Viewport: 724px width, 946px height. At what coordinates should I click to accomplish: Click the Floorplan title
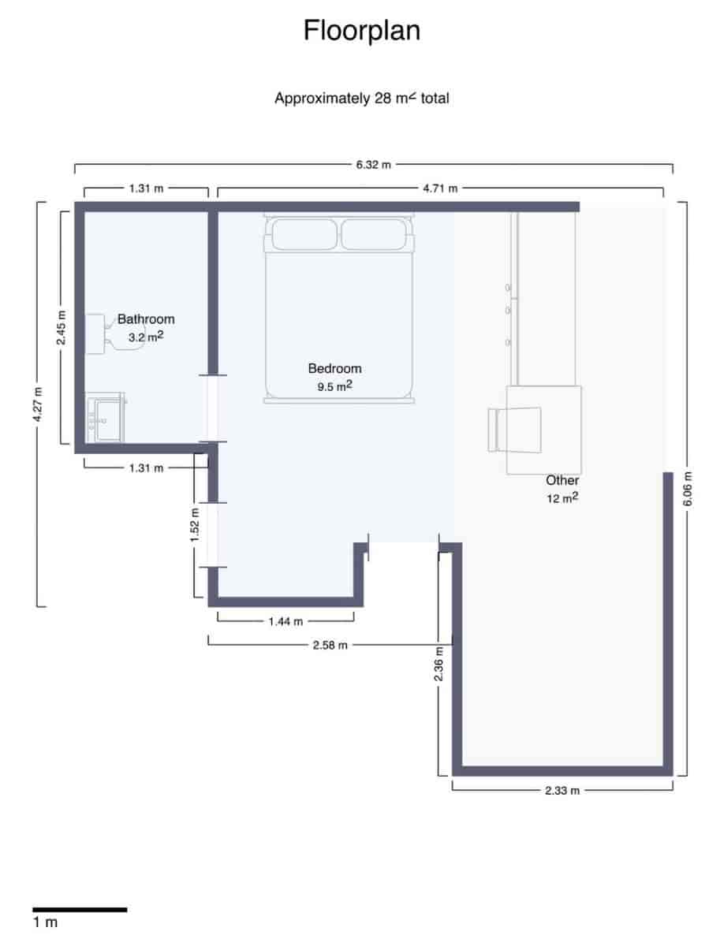362,31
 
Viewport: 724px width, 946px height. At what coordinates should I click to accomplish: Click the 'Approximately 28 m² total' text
362,99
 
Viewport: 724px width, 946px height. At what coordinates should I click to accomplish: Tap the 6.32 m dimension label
373,166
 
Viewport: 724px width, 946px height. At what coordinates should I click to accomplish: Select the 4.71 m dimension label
440,188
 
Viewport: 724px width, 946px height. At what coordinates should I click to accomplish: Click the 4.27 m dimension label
37,404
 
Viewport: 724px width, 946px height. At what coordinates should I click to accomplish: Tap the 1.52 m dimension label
195,524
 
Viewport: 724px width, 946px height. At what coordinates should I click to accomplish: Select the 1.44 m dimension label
285,621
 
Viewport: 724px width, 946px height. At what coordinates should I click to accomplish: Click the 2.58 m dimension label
330,645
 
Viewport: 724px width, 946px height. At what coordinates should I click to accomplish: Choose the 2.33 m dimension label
562,790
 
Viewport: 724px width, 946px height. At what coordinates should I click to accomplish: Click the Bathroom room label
146,319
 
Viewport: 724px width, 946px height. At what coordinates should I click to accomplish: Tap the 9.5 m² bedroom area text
334,386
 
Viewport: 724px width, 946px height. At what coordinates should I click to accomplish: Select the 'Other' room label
562,480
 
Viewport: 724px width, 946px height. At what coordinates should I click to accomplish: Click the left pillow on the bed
304,234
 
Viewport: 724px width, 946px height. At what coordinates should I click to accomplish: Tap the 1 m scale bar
79,910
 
